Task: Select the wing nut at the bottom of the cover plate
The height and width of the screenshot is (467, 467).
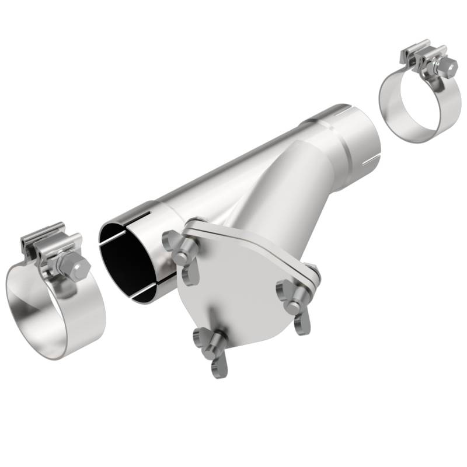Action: pyautogui.click(x=211, y=350)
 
